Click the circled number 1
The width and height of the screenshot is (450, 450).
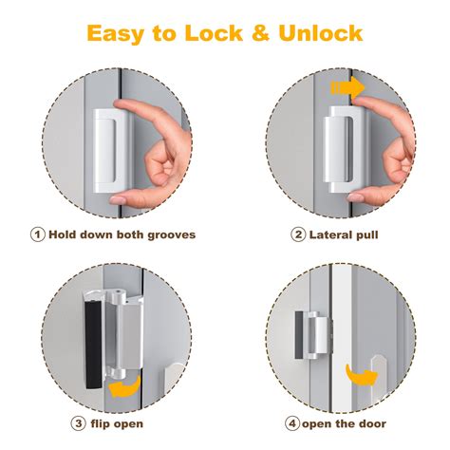37,234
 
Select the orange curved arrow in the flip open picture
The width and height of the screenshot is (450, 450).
122,388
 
